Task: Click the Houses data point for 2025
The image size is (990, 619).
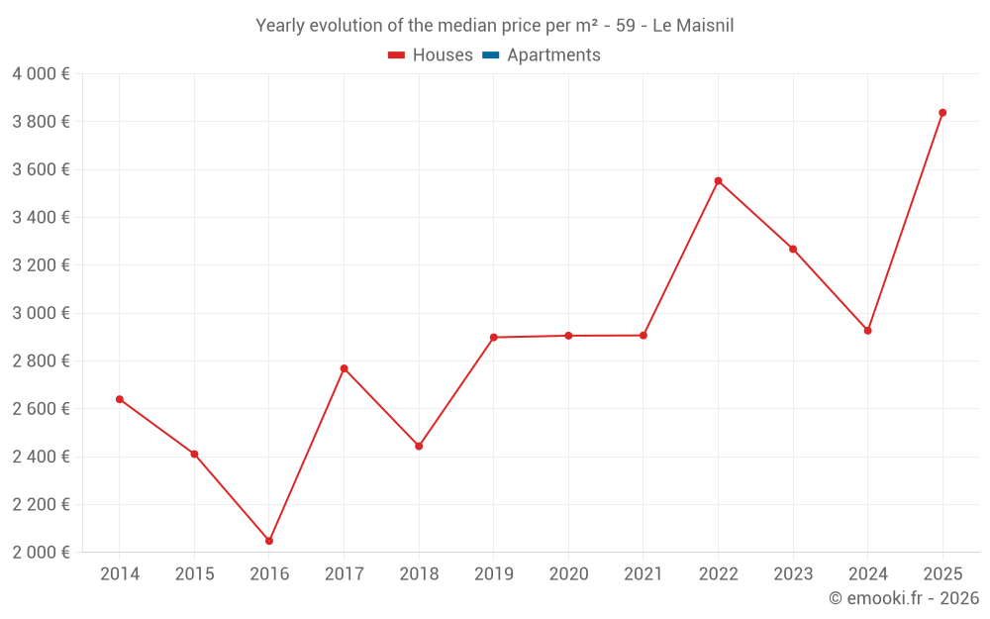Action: point(942,113)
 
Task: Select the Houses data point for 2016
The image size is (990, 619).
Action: point(269,541)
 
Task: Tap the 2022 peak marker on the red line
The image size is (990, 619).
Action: point(718,181)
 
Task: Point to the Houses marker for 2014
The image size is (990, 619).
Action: point(120,399)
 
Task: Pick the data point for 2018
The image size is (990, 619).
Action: point(419,446)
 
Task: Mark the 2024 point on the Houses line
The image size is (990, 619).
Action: point(867,331)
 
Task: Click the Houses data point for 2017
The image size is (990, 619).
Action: point(344,368)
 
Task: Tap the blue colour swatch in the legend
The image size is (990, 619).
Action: point(490,55)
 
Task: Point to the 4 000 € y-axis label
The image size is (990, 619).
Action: point(41,74)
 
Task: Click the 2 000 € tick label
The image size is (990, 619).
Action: point(41,553)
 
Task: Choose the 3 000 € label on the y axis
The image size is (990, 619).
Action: point(41,313)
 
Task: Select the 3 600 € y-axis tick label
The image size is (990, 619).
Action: point(41,169)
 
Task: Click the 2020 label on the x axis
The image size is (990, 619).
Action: point(568,574)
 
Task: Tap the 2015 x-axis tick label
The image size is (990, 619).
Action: point(194,574)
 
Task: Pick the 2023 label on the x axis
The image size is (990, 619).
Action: point(793,574)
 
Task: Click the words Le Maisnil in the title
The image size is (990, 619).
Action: point(693,26)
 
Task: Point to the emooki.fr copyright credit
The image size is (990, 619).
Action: point(903,598)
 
